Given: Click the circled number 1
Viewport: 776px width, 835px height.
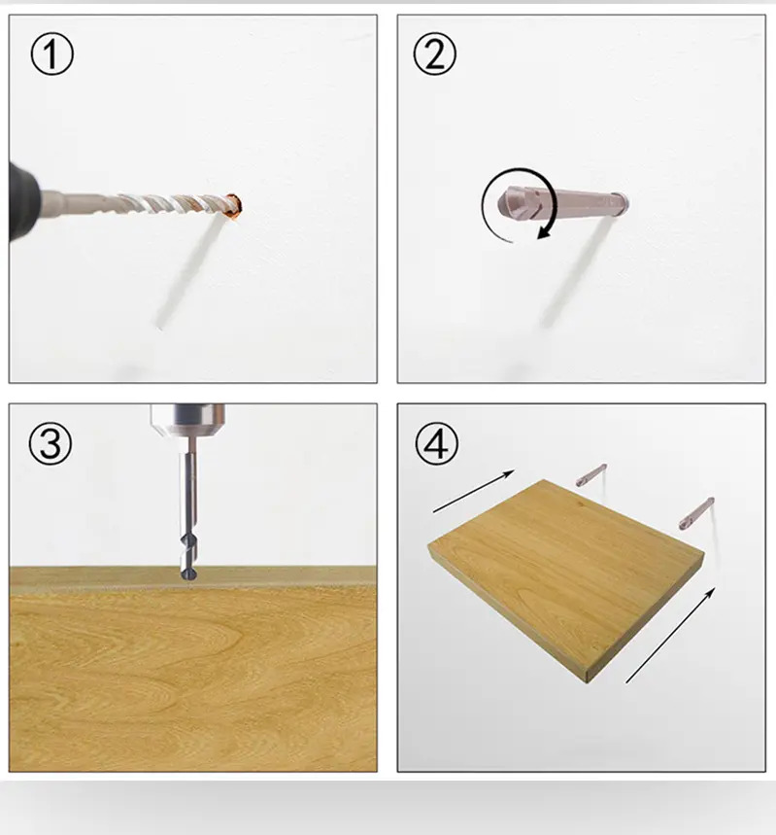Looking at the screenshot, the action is [x=51, y=53].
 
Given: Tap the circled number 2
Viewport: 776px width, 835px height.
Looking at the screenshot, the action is [x=435, y=53].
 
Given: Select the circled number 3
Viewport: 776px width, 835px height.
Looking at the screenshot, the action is [x=51, y=443].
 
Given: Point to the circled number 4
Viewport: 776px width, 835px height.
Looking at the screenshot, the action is [x=436, y=443].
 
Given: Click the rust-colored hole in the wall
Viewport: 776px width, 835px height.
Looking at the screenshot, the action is [x=233, y=206].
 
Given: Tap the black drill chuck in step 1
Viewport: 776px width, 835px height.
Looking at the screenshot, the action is [x=23, y=202].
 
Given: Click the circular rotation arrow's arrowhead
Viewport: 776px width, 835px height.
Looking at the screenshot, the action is [x=543, y=231].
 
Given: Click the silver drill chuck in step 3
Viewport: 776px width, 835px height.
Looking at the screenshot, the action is [x=187, y=421].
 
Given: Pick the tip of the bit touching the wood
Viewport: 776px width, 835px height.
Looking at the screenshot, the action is [x=188, y=574].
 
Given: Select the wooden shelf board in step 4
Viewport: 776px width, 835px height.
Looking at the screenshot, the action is [x=566, y=579].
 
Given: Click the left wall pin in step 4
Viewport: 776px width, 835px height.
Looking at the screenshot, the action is [x=591, y=474].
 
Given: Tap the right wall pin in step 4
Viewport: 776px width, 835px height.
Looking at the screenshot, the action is [x=696, y=513].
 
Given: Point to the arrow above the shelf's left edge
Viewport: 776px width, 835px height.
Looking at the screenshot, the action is [x=474, y=491].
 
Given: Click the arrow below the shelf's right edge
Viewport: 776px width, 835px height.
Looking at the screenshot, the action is [x=670, y=635].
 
